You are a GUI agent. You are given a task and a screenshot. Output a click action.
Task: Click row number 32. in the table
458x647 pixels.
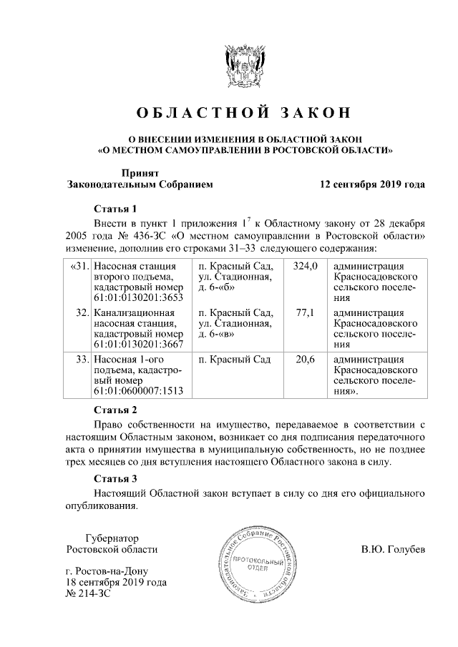pos(82,312)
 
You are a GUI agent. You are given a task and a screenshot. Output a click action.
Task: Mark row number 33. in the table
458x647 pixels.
pos(82,359)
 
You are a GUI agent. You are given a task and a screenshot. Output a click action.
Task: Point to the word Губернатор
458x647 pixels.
pos(112,538)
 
